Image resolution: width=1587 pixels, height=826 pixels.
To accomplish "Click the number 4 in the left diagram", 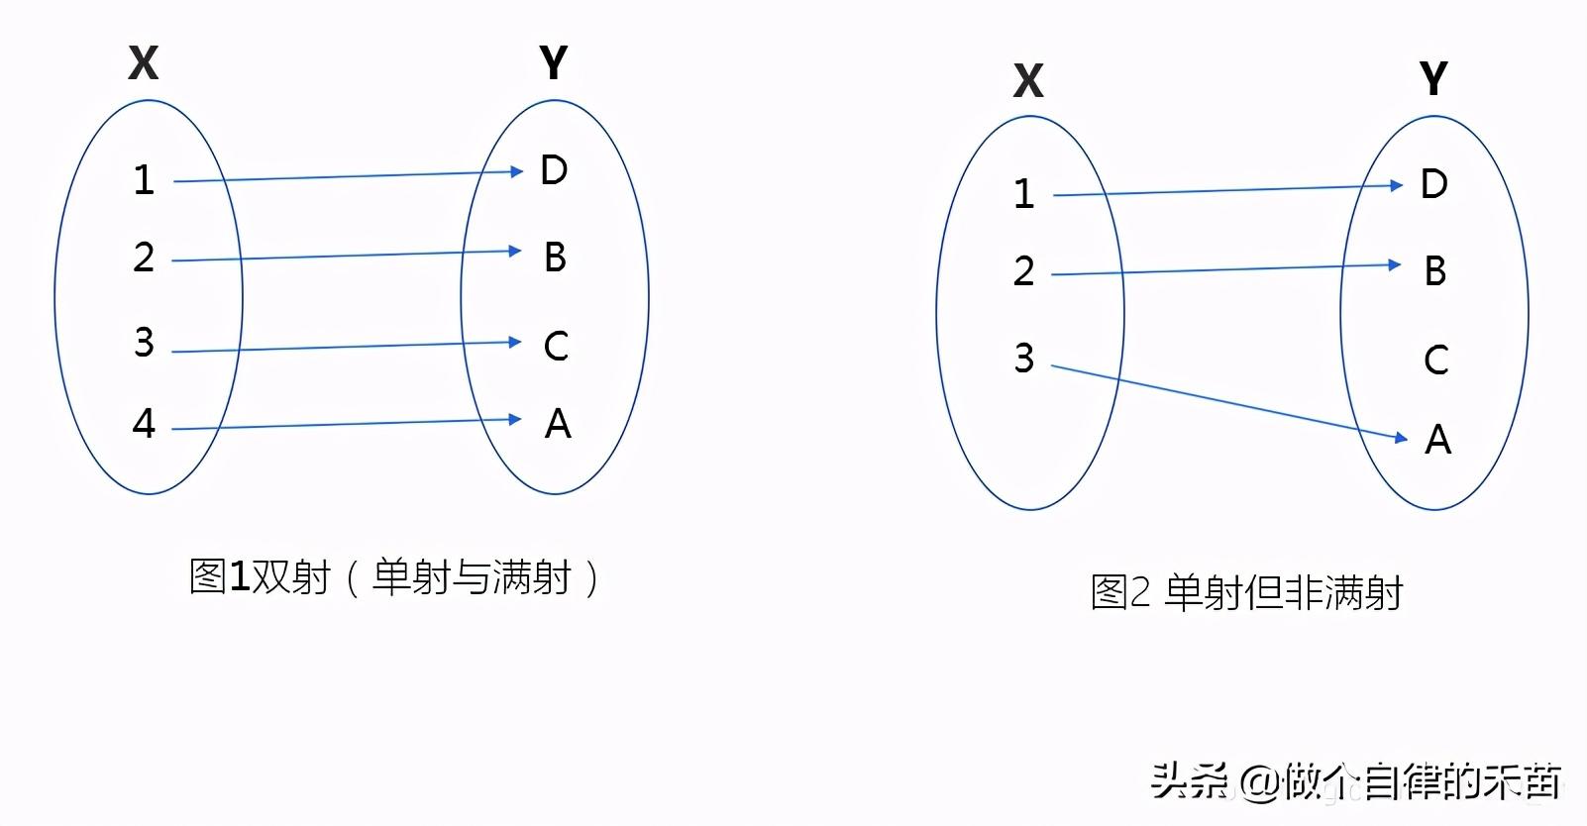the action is pos(145,424).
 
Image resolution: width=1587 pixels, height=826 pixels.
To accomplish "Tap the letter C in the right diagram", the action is pos(1435,360).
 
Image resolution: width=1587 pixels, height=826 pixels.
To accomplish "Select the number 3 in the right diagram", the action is pos(1024,358).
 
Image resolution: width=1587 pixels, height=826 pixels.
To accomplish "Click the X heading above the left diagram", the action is pos(144,63).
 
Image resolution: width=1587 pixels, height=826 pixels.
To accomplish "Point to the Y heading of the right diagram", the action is pos(1432,78).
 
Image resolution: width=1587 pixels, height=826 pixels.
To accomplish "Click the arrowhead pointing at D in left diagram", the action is pos(515,171).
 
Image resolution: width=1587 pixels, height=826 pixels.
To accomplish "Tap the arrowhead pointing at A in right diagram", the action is pos(1400,437).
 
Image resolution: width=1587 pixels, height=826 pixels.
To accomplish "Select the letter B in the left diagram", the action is pos(555,258).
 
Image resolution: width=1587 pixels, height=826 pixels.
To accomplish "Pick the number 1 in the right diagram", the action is pos(1024,194).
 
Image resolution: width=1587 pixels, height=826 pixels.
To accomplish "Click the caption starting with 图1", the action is pos(394,577).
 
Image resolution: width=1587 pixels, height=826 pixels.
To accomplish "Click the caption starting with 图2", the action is pos(1246,592).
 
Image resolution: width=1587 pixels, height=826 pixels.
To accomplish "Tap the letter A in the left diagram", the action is pos(558,424).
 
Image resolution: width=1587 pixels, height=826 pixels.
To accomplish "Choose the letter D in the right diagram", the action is pos(1434,184).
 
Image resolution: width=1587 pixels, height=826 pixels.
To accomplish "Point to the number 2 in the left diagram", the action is pos(145,258).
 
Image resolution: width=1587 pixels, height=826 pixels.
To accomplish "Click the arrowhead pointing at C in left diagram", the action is pos(514,343).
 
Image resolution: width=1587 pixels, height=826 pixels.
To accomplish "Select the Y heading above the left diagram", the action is pos(554,63).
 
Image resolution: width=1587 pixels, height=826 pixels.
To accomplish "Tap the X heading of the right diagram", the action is pos(1028,81).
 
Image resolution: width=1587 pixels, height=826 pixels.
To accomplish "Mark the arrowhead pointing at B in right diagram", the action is pos(1395,264).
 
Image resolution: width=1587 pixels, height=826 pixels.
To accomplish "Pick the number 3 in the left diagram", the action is pos(145,343).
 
